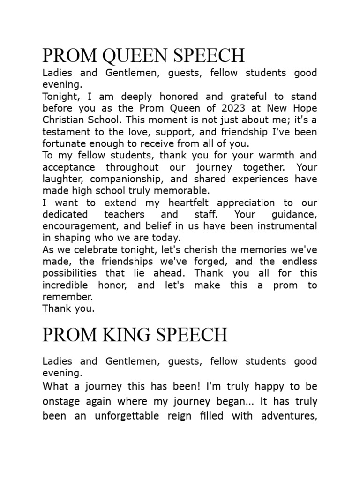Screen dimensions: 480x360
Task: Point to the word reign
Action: (x=208, y=416)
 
